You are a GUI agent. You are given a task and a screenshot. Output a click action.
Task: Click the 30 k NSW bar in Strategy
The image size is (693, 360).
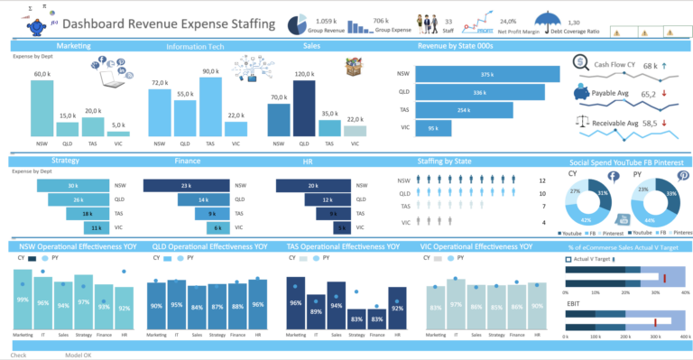click(x=71, y=186)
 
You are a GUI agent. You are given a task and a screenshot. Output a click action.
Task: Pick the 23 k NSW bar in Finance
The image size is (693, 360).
click(x=185, y=186)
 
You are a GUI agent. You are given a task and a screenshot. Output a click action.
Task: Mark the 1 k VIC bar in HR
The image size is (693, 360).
click(x=341, y=228)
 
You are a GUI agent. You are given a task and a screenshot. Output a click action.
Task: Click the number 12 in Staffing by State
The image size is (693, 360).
click(x=541, y=193)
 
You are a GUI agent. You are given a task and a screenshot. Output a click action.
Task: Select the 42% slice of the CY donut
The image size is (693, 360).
click(x=586, y=217)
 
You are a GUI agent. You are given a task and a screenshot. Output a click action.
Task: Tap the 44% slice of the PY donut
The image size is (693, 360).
click(x=651, y=218)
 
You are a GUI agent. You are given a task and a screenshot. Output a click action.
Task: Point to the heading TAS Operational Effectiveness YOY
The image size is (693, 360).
click(x=344, y=246)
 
